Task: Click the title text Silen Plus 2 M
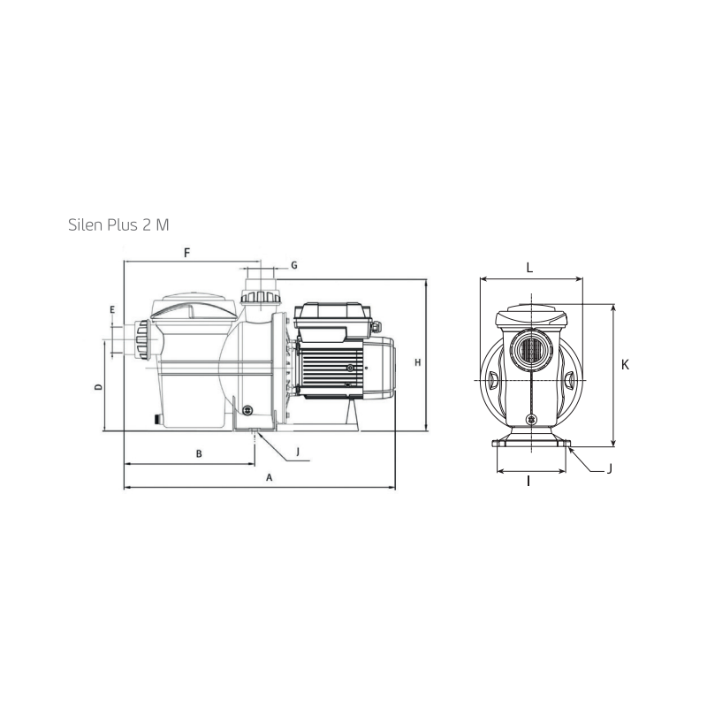[118, 224]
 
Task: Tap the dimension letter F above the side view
[187, 253]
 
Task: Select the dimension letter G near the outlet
[294, 265]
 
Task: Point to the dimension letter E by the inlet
[112, 310]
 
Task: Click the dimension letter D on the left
[98, 387]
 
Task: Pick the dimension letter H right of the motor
[418, 362]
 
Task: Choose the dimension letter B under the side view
[199, 454]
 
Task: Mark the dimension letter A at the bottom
[270, 477]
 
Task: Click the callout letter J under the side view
[298, 452]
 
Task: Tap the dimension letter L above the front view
[529, 268]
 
